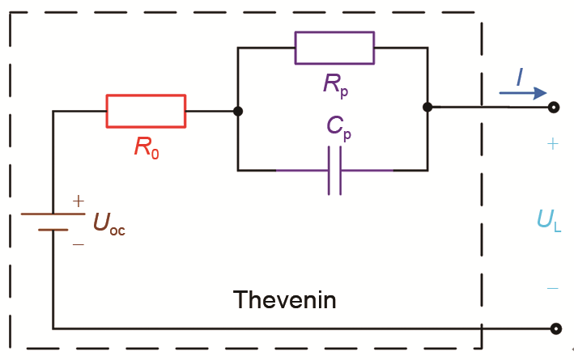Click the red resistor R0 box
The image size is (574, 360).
click(146, 111)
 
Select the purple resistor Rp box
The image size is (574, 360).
click(334, 48)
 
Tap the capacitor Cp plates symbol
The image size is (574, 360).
click(334, 171)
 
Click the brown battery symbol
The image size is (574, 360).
click(53, 222)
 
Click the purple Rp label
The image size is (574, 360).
click(334, 83)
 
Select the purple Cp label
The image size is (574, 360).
click(334, 129)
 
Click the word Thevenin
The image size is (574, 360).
click(284, 300)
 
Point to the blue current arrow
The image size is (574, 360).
click(523, 94)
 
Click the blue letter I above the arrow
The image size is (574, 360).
click(520, 78)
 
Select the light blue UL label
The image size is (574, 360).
click(547, 219)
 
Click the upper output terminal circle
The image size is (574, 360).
click(555, 108)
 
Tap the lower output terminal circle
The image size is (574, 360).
click(555, 328)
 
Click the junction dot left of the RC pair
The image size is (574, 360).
click(238, 111)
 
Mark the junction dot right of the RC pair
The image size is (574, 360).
click(427, 107)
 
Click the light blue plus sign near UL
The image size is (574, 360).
click(553, 144)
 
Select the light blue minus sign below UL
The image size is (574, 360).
click(552, 287)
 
